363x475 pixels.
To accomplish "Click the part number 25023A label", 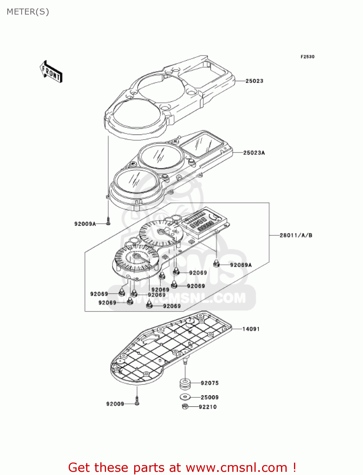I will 254,153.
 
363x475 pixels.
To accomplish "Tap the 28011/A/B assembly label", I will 296,235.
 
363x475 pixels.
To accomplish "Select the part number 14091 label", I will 251,329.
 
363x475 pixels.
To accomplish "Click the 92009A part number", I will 85,224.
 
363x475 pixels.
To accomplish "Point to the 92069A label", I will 241,265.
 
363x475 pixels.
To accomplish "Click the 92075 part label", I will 210,383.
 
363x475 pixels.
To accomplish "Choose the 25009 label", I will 210,397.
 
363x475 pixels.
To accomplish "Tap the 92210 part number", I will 208,407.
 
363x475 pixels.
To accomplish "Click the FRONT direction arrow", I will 51,72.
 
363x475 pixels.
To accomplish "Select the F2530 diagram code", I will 307,57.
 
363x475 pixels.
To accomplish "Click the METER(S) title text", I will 28,12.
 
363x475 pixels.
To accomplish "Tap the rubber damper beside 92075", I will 185,384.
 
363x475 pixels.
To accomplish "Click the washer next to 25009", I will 185,397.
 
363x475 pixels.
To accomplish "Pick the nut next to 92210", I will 185,407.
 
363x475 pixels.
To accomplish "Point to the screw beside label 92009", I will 137,401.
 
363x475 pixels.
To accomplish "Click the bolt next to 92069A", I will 216,263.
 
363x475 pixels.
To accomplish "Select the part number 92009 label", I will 115,404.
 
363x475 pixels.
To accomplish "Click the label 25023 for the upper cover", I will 254,81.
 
